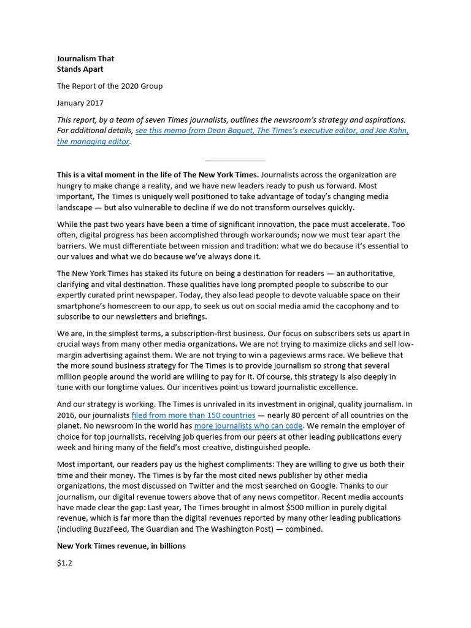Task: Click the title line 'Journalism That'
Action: (x=85, y=59)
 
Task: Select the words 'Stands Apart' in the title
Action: (x=80, y=69)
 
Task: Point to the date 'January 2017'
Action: (x=80, y=103)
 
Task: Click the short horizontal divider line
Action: (x=235, y=161)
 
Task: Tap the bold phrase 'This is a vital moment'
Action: (x=102, y=175)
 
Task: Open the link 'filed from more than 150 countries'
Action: (x=193, y=415)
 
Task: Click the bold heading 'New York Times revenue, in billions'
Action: (x=121, y=546)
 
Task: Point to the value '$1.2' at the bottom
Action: (x=64, y=563)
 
